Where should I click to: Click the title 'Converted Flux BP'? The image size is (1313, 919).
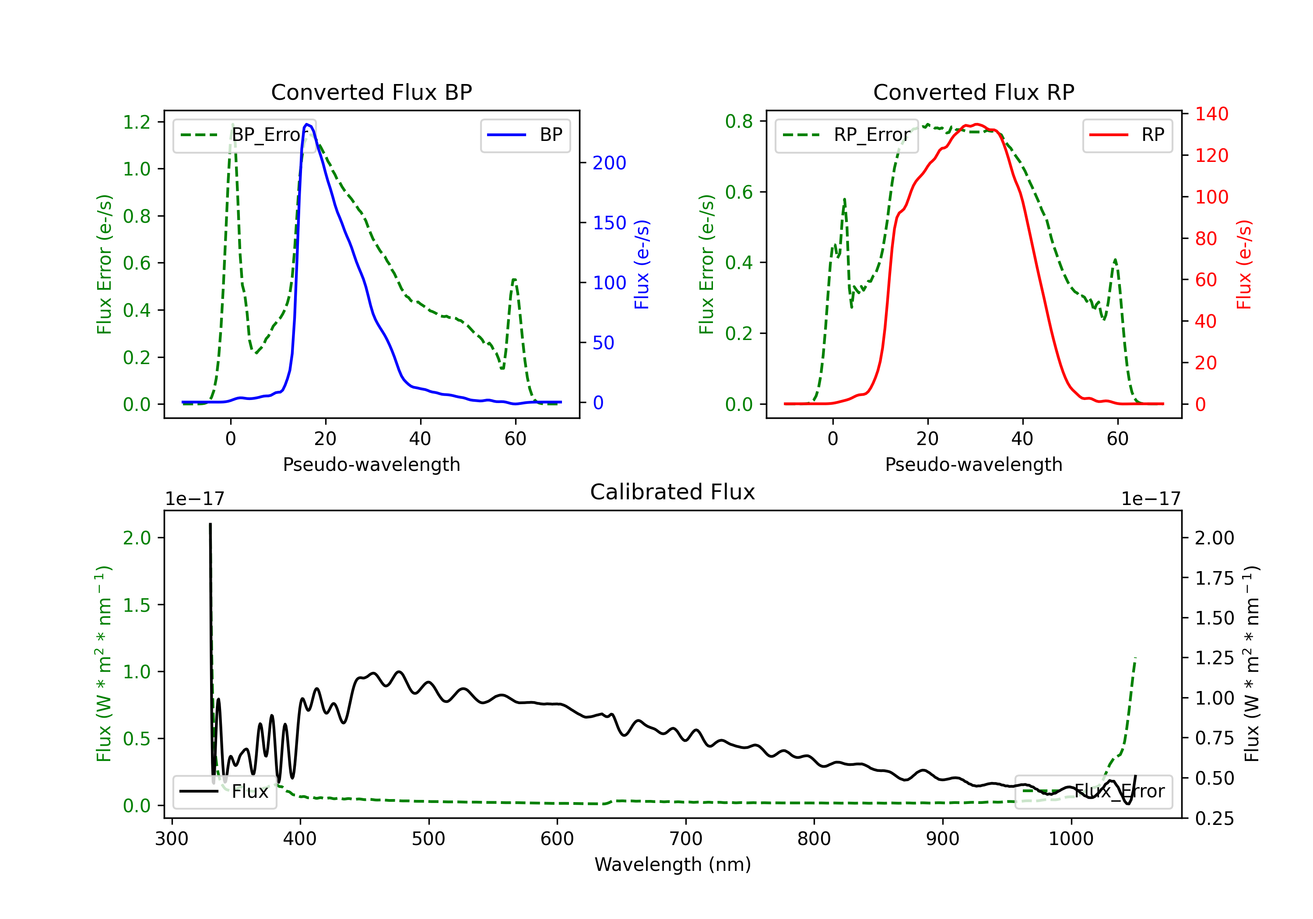pyautogui.click(x=371, y=92)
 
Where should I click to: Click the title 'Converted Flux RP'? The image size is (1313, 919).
pyautogui.click(x=973, y=92)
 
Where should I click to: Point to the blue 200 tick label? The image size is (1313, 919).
pyautogui.click(x=609, y=163)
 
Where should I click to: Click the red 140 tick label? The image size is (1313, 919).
pyautogui.click(x=1211, y=114)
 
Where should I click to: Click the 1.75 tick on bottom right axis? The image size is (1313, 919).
pyautogui.click(x=1215, y=578)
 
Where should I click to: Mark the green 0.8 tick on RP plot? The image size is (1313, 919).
pyautogui.click(x=739, y=121)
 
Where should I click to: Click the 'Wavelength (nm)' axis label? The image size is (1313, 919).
pyautogui.click(x=673, y=864)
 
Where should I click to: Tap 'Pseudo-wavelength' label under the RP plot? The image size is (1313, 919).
pyautogui.click(x=973, y=464)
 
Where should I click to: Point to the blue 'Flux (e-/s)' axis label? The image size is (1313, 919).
pyautogui.click(x=642, y=264)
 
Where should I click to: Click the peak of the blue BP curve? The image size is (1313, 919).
pyautogui.click(x=307, y=124)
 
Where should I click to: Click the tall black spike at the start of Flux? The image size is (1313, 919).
pyautogui.click(x=211, y=525)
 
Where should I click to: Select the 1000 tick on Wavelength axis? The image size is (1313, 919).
pyautogui.click(x=1071, y=839)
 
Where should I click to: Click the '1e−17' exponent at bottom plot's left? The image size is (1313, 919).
pyautogui.click(x=194, y=499)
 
